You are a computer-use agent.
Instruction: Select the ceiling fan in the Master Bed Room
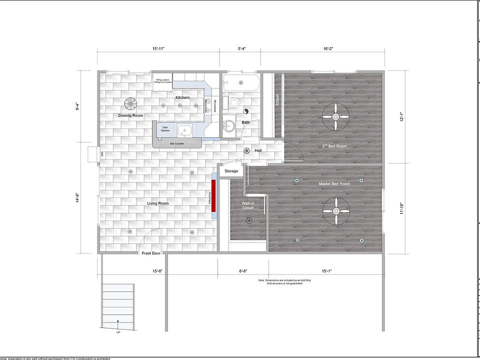pyautogui.click(x=335, y=211)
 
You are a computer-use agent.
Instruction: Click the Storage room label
pyautogui.click(x=231, y=171)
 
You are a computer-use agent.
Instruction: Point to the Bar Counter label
pyautogui.click(x=177, y=143)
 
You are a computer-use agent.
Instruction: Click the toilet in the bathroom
pyautogui.click(x=233, y=102)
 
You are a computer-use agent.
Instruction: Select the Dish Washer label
pyautogui.click(x=165, y=129)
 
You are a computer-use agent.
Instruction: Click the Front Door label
pyautogui.click(x=151, y=253)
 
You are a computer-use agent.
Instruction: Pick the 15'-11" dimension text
pyautogui.click(x=158, y=48)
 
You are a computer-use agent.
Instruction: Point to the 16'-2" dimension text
pyautogui.click(x=328, y=48)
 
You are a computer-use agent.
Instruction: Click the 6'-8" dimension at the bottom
pyautogui.click(x=243, y=271)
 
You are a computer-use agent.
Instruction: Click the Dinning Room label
pyautogui.click(x=130, y=115)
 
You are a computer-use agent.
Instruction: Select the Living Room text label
pyautogui.click(x=157, y=203)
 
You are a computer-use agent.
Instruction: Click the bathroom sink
pyautogui.click(x=229, y=125)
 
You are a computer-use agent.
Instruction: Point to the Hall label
pyautogui.click(x=258, y=150)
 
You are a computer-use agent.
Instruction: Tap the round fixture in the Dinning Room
pyautogui.click(x=130, y=103)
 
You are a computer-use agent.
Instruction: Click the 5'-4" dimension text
pyautogui.click(x=241, y=48)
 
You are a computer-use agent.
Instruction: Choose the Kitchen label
pyautogui.click(x=182, y=97)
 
